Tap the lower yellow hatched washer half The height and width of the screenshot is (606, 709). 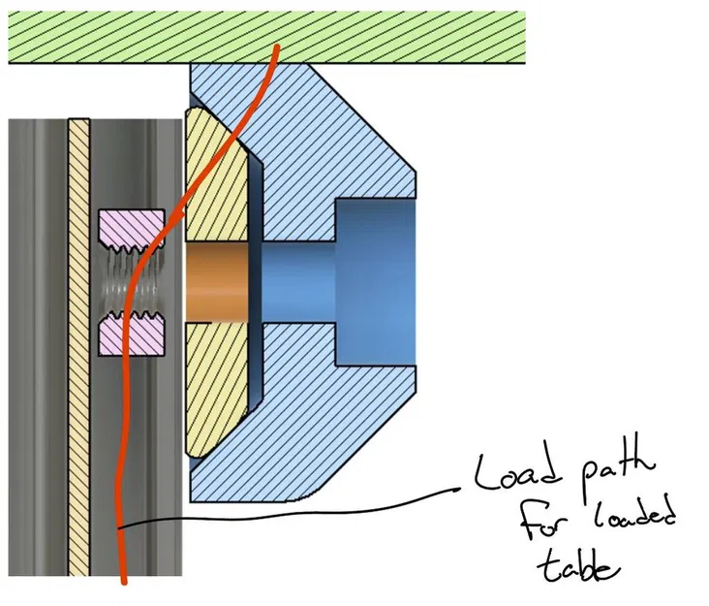click(x=215, y=388)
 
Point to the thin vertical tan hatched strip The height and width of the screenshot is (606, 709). click(x=78, y=339)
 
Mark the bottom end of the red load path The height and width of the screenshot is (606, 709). click(x=125, y=583)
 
